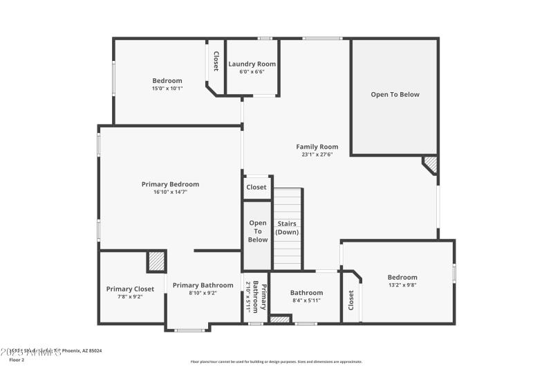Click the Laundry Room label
pos(252,64)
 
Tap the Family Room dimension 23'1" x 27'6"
pos(317,154)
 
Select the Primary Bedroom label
pos(170,184)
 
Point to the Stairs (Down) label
pos(288,228)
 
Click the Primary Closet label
pos(130,289)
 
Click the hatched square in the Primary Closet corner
pos(156,262)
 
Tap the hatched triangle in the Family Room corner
pos(431,165)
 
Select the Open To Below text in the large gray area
pos(395,94)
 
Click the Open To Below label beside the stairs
pos(258,231)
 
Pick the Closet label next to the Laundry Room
pos(216,62)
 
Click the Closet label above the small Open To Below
pos(256,187)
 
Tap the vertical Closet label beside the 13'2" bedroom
pos(351,299)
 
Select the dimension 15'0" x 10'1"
pos(167,89)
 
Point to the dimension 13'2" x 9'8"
pos(402,285)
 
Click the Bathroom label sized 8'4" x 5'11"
pos(306,293)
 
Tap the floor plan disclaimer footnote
pos(276,361)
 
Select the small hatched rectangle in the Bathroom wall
pos(279,319)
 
